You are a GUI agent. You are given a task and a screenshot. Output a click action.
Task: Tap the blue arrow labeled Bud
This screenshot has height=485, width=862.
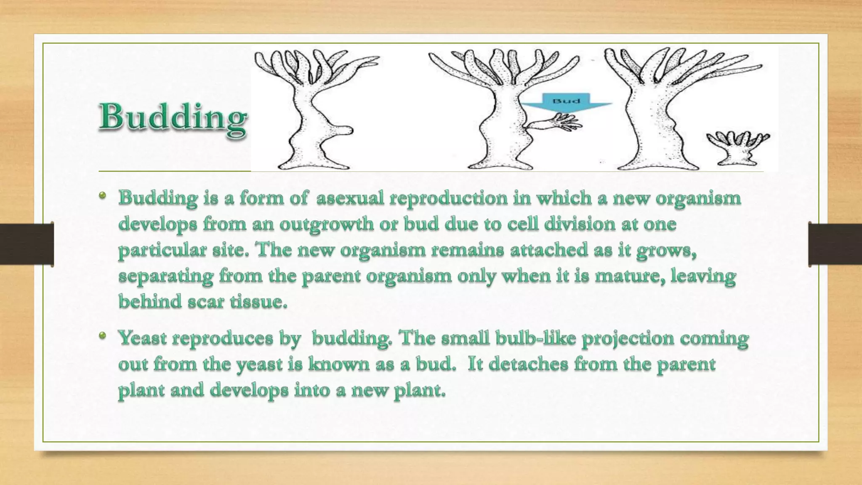coord(566,104)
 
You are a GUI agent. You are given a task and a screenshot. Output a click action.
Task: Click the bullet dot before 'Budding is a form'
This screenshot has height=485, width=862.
coord(102,195)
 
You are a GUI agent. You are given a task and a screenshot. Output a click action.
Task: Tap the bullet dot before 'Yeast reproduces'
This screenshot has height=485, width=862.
coord(102,336)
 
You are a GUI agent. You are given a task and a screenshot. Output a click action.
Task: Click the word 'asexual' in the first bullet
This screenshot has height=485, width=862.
coord(350,198)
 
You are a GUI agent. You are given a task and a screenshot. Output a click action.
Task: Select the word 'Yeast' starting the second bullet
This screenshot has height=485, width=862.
coord(142,338)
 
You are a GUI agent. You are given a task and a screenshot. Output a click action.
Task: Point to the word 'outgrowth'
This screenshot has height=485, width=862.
coord(326,224)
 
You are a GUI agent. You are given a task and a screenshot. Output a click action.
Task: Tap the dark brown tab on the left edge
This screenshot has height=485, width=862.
coord(27,244)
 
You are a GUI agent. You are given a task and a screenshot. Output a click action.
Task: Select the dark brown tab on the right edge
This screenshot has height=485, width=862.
coord(835,244)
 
